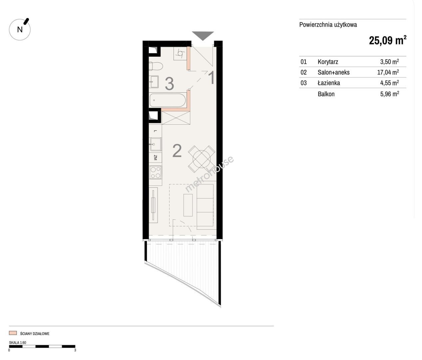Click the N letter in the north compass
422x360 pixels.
pos(20,30)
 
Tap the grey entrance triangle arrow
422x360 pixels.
pos(203,36)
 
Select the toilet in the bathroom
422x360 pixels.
pos(156,66)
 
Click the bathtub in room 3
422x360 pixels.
pos(168,100)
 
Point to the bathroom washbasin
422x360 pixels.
pos(154,82)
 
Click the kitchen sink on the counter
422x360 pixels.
pos(156,144)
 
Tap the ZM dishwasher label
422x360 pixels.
pos(156,158)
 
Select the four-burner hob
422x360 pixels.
pos(155,172)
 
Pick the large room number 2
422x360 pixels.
pos(177,151)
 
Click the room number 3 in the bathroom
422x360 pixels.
pos(170,84)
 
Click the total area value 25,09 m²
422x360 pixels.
pos(387,40)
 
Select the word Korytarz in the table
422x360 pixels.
pos(328,62)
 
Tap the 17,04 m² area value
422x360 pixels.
pos(388,72)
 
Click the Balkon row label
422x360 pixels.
pos(326,94)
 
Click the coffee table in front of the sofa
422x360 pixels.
pos(188,205)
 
